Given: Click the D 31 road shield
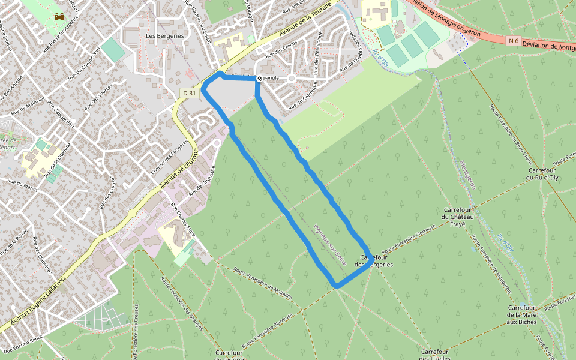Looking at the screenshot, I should point(189,92).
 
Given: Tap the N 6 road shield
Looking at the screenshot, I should point(512,41).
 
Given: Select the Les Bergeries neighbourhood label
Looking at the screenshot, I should point(164,36).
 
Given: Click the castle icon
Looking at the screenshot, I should point(59,17).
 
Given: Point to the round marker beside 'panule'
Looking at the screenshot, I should point(259,79).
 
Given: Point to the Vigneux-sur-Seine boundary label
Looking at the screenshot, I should point(331,237).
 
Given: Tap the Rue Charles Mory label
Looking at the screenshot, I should point(184,220).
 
